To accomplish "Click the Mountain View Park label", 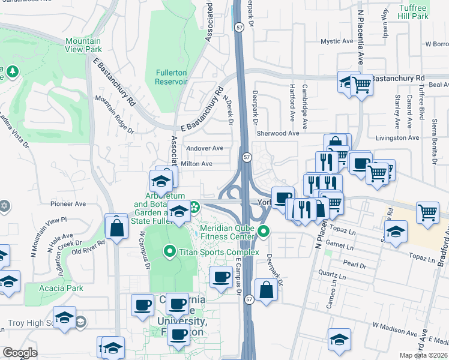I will (83, 46).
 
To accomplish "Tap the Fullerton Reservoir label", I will (172, 77).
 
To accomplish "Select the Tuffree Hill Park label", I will (413, 12).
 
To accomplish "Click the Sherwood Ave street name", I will (277, 134).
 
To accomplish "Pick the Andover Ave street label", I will (205, 148).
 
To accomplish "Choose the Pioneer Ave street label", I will (68, 203).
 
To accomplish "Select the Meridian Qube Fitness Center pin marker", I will (263, 230).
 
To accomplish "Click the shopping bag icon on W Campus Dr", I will (116, 227).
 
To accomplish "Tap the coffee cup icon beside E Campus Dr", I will (221, 277).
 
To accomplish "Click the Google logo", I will (19, 353).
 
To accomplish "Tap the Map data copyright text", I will (424, 355).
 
